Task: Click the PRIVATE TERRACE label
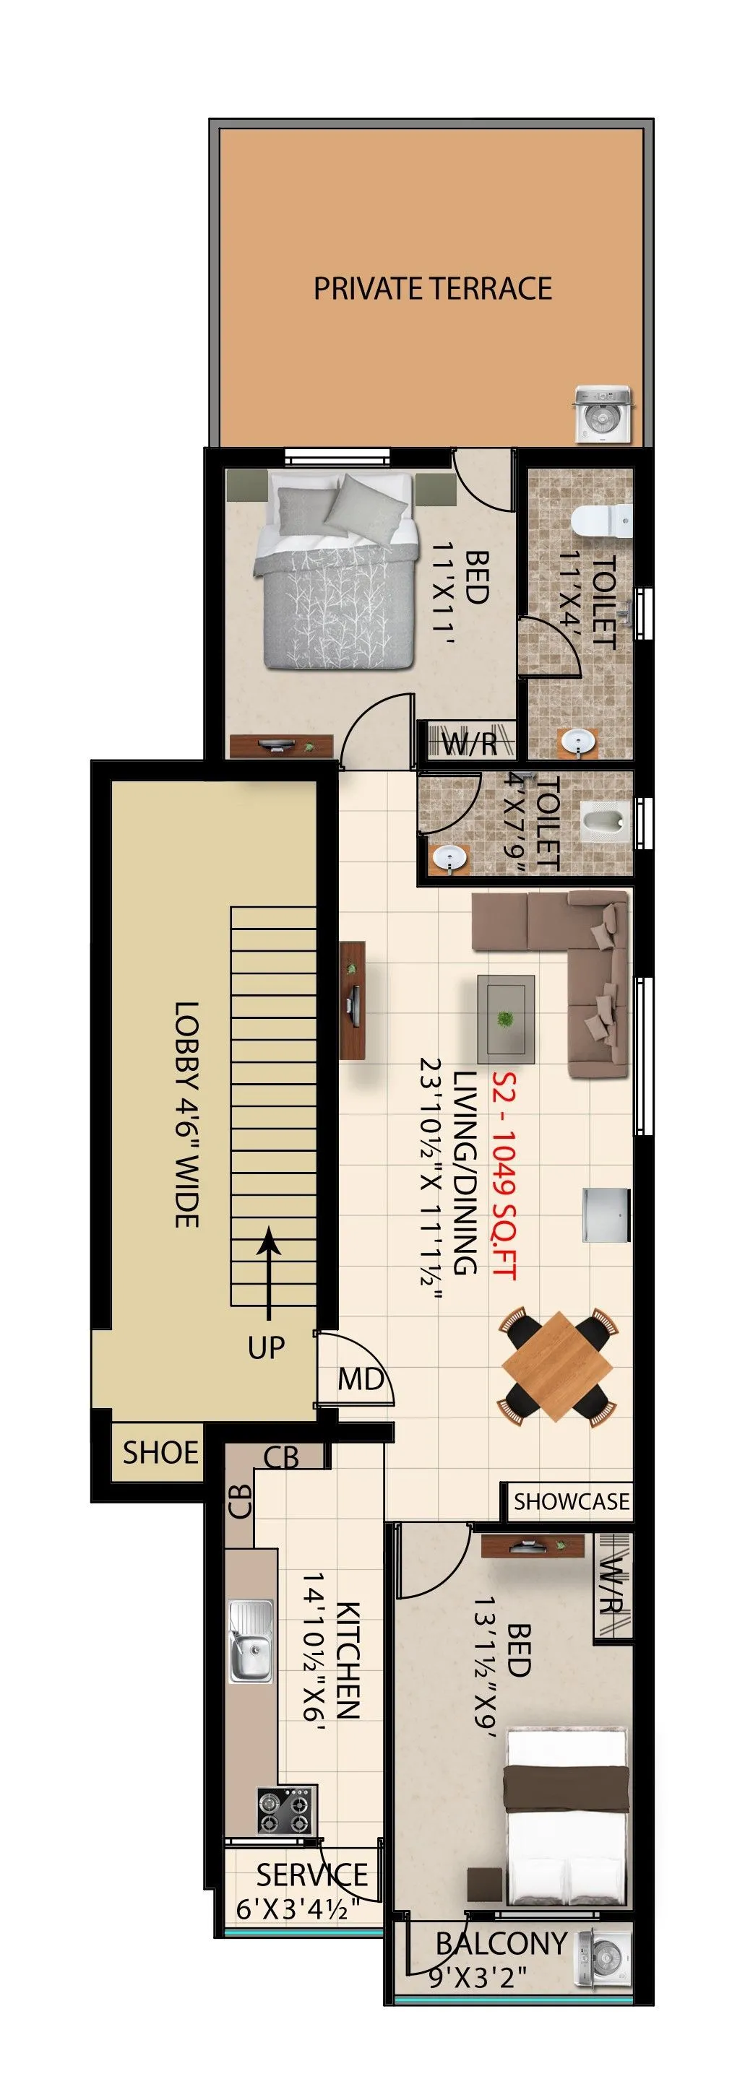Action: [432, 289]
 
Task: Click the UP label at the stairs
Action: [266, 1347]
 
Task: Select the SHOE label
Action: [160, 1452]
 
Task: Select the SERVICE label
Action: [312, 1874]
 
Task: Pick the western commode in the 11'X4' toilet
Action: [602, 520]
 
